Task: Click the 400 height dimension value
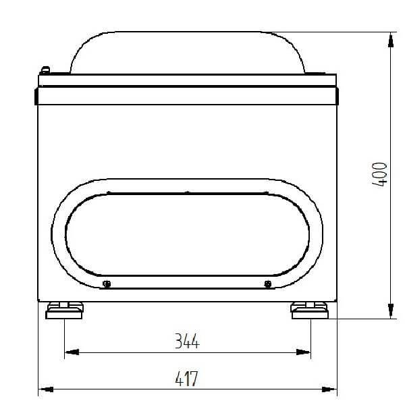[x=379, y=174]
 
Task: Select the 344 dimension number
[x=187, y=341]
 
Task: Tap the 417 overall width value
[x=186, y=379]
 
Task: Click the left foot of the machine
[x=64, y=310]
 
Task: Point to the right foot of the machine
[x=309, y=310]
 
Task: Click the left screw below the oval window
[x=107, y=284]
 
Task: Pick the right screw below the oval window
[x=268, y=284]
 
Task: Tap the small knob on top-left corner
[x=45, y=70]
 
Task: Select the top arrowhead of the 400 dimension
[x=391, y=40]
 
